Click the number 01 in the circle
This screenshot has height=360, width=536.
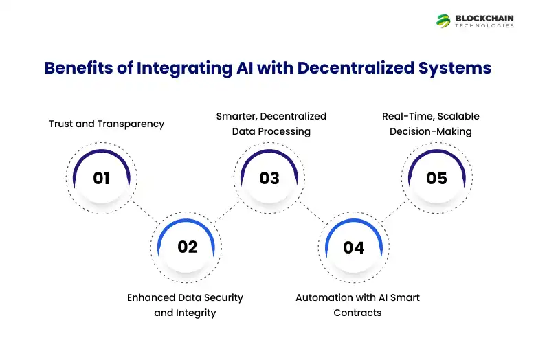pos(102,178)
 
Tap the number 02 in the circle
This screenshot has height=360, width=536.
pos(187,247)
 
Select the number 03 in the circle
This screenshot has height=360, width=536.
pos(269,178)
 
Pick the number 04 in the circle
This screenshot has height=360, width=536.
pos(353,247)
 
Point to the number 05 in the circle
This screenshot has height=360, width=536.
pos(436,178)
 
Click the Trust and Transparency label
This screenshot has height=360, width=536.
pos(107,124)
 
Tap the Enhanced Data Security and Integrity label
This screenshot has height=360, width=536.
pos(185,305)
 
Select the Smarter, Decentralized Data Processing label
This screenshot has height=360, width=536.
pos(271,124)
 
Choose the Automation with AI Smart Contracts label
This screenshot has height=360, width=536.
pos(357,305)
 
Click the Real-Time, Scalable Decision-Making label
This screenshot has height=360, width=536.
pos(431,124)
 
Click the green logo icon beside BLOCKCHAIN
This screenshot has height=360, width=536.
pos(443,21)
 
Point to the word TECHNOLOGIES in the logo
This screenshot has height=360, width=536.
pos(484,26)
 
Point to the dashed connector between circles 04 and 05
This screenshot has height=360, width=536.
pos(394,213)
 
